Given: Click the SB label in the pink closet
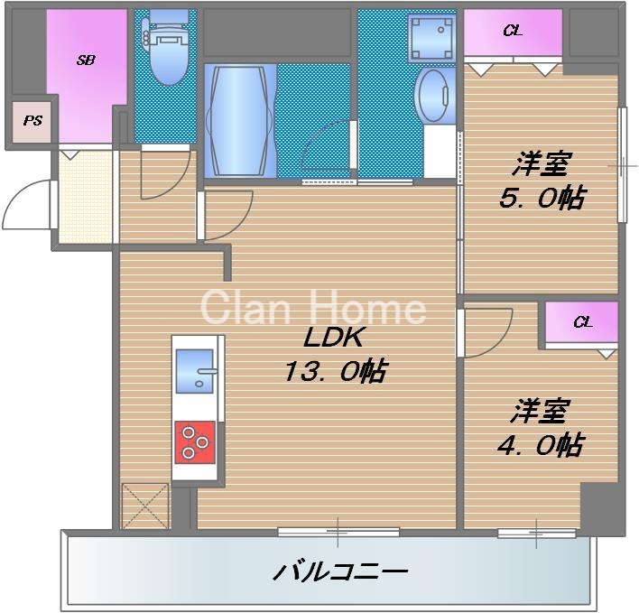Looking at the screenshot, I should (x=86, y=60).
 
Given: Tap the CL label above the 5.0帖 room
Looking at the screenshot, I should (x=512, y=32).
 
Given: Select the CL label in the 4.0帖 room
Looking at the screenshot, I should (x=582, y=321).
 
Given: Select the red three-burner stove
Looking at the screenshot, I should (x=196, y=442).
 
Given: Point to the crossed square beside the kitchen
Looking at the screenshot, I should (x=145, y=506).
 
